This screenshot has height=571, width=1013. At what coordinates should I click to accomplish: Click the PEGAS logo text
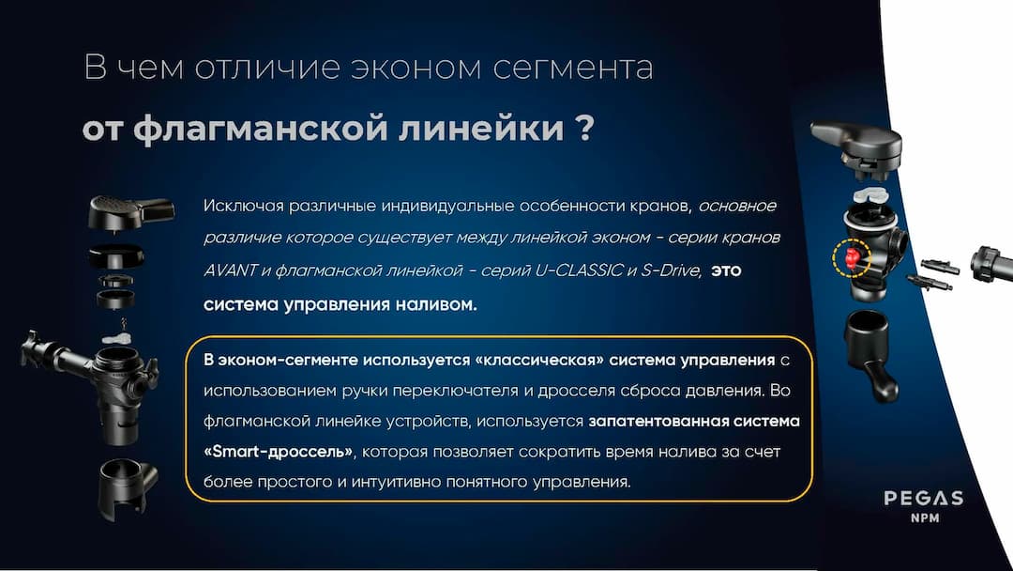[924, 498]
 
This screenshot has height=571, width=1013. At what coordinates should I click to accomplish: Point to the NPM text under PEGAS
[924, 518]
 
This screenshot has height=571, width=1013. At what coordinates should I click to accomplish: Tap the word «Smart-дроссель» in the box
[278, 451]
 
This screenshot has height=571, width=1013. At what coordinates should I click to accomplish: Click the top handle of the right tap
[855, 141]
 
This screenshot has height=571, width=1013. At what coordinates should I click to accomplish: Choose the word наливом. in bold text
[431, 303]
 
